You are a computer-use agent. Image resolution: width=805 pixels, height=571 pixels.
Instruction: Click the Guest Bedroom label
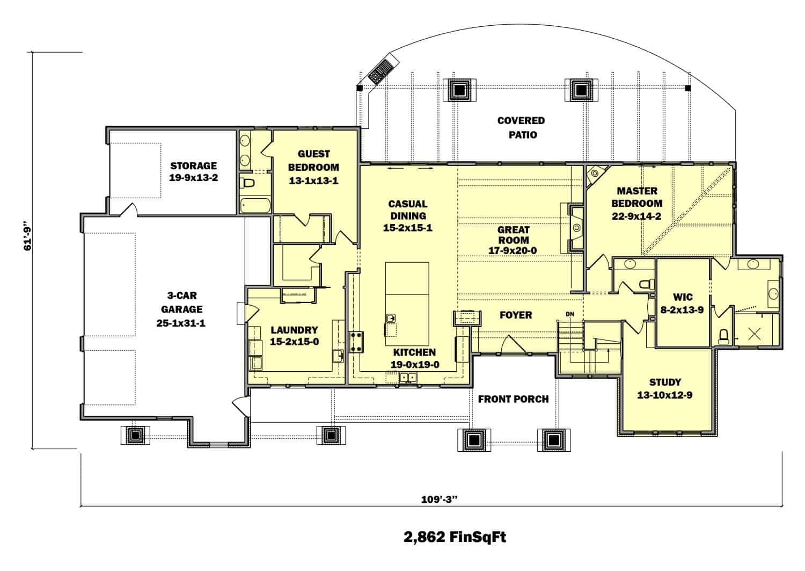tap(314, 160)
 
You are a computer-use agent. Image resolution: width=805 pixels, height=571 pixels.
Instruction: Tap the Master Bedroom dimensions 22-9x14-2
tap(636, 217)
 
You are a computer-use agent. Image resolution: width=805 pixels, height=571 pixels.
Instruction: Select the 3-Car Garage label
tap(184, 302)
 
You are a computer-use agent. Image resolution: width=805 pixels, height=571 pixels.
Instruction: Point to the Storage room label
tap(193, 165)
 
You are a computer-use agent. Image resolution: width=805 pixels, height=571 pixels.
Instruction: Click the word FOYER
tap(515, 315)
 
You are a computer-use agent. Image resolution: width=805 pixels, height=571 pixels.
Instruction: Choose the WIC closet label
tap(683, 297)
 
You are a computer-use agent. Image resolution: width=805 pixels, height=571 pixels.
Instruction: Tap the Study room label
tap(665, 382)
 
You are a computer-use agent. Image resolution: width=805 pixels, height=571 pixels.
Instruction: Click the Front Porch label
tap(513, 399)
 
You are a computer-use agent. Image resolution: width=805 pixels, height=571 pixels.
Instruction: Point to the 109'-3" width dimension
tap(438, 498)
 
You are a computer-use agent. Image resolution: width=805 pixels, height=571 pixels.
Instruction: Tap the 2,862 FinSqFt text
tap(455, 537)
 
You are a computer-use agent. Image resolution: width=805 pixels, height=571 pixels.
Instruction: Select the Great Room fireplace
tap(575, 227)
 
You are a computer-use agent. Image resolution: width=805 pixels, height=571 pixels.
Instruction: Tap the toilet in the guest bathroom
tap(247, 183)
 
